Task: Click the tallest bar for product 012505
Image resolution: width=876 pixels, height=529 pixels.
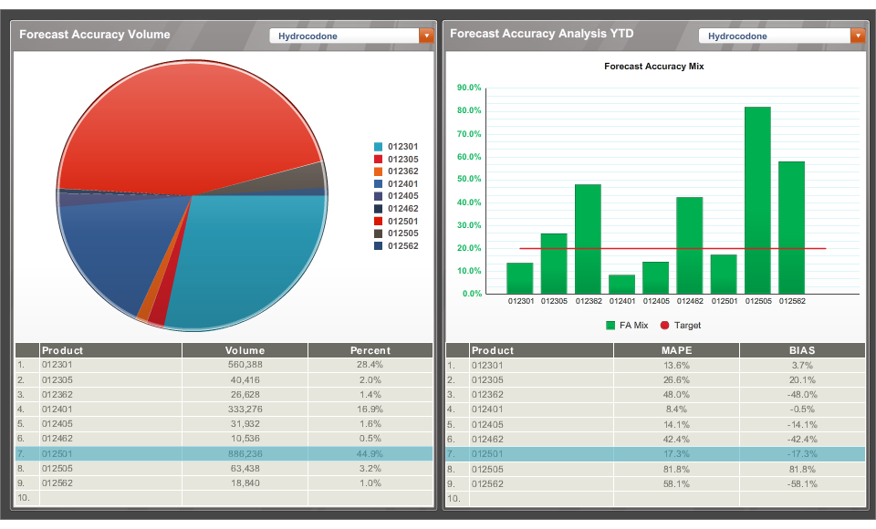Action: [x=757, y=201]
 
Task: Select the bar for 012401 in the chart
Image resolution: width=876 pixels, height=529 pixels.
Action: [x=621, y=285]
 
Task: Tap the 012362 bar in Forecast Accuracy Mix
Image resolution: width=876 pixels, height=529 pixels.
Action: [x=588, y=239]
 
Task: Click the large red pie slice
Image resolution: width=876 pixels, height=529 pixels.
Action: [x=182, y=119]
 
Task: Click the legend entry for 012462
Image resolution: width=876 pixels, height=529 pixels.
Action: [x=402, y=208]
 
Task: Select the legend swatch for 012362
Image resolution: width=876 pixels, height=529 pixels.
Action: [x=378, y=171]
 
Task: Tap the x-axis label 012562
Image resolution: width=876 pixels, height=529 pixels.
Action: [x=791, y=301]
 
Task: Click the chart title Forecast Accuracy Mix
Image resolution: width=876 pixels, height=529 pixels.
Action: [x=653, y=67]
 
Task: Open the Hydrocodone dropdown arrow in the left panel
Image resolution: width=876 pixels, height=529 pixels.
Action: [x=425, y=36]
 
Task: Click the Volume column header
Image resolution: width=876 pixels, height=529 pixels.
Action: [x=245, y=350]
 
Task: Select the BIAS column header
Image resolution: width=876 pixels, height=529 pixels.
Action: [x=801, y=350]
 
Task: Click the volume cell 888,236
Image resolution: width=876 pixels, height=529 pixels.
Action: [x=245, y=453]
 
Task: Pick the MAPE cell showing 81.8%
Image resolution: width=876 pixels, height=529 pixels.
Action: [x=676, y=469]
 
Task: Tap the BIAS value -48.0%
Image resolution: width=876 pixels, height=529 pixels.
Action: [x=801, y=395]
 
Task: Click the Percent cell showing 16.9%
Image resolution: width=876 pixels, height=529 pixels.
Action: [x=370, y=410]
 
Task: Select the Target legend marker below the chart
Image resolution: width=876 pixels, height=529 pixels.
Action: [x=664, y=326]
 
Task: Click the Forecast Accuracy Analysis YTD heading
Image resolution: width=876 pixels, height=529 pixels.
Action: [x=541, y=34]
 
